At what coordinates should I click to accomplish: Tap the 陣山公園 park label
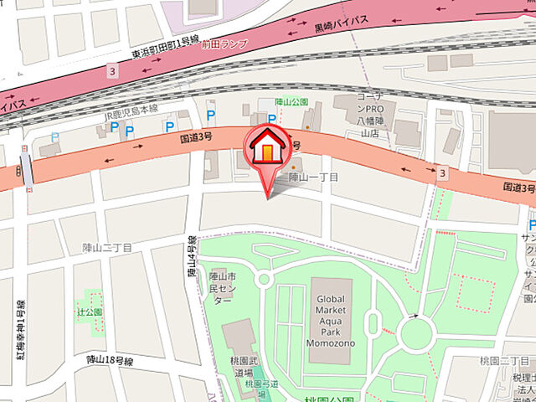click(x=291, y=102)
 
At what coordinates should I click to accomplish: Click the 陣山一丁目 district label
click(x=313, y=178)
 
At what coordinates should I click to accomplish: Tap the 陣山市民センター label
click(x=221, y=287)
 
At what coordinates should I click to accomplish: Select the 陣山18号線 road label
click(x=111, y=359)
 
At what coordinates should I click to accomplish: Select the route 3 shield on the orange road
click(x=441, y=173)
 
